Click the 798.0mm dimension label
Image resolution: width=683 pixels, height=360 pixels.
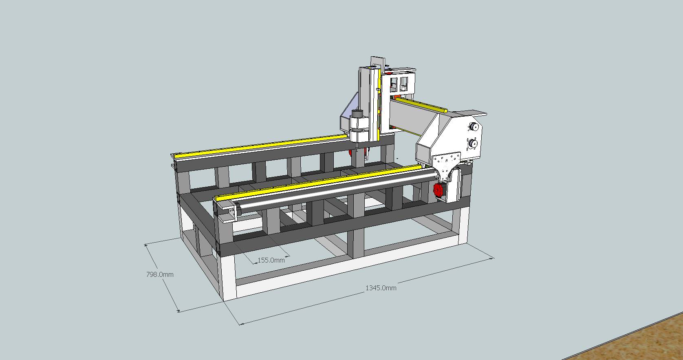pos(160,274)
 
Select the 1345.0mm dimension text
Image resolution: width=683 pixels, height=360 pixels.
pos(381,288)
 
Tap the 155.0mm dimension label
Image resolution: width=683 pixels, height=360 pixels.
pos(271,260)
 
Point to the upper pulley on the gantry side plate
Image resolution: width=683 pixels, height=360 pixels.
pos(474,127)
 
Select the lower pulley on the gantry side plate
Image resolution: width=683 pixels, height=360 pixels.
pos(473,143)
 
